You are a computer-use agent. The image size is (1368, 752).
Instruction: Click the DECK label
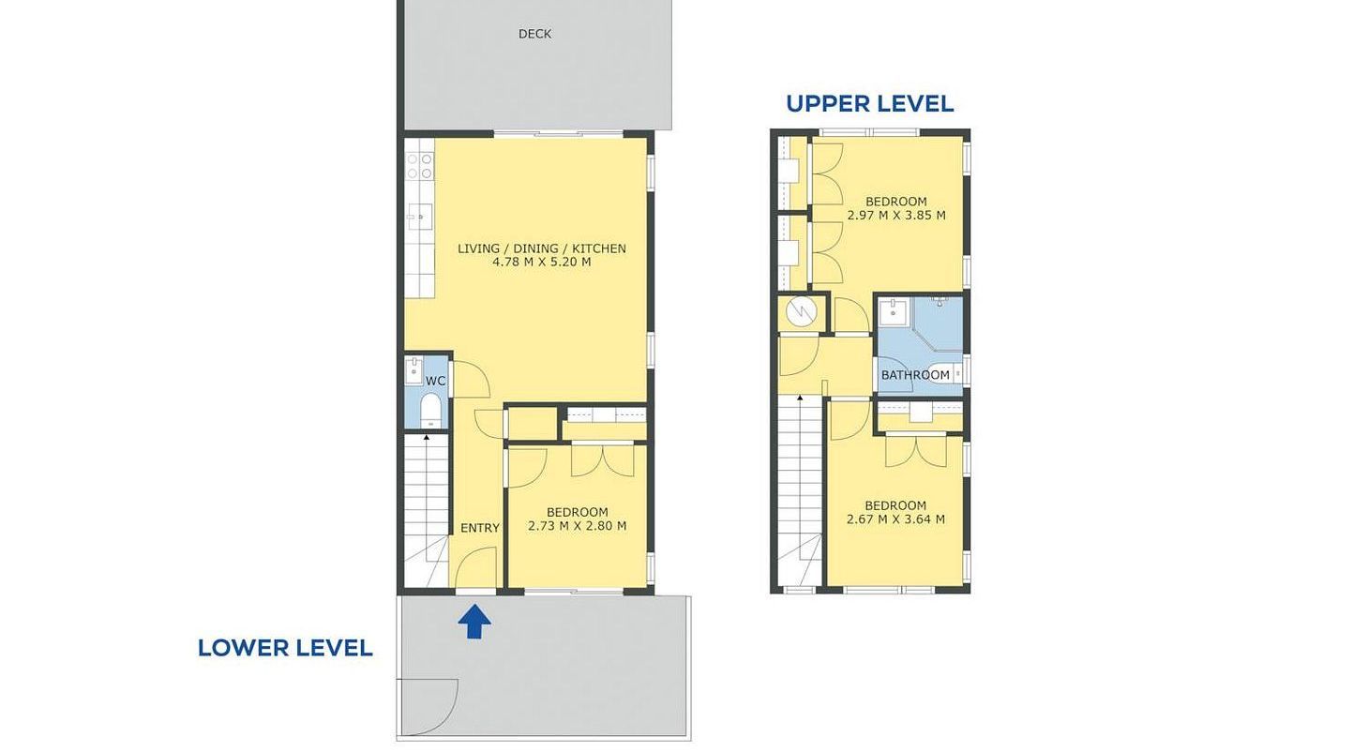pos(534,34)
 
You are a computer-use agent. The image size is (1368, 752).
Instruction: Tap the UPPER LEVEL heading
pos(870,104)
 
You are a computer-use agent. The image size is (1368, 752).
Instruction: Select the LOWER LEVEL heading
pos(285,648)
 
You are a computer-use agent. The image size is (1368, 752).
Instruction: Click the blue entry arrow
pos(474,622)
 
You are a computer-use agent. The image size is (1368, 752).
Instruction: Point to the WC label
pos(435,382)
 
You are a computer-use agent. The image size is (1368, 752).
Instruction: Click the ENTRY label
pos(480,528)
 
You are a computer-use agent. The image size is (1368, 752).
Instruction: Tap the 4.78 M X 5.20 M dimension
pos(542,263)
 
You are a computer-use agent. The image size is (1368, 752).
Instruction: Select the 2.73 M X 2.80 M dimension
pos(578,526)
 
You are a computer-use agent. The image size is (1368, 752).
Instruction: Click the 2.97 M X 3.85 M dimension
pos(896,216)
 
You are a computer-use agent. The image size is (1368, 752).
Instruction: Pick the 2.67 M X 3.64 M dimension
pos(895,519)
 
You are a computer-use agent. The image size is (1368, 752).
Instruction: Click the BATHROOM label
pos(915,375)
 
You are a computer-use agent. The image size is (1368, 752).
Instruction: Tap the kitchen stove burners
pos(419,166)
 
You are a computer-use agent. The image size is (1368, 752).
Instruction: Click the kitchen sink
pos(419,217)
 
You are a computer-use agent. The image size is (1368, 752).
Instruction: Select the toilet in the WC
pos(430,411)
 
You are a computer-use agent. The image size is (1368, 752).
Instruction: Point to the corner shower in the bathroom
pos(938,323)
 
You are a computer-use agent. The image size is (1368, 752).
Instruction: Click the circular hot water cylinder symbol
pos(801,313)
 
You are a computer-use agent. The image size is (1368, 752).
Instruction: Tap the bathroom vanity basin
pos(894,312)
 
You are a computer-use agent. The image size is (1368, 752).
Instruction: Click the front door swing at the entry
pos(475,568)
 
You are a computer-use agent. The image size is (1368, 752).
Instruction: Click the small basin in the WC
pos(414,369)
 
